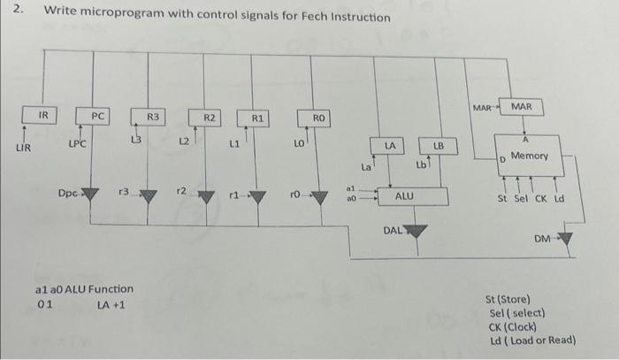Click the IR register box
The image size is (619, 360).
tap(43, 115)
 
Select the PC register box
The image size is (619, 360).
tap(97, 116)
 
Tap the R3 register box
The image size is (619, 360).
tap(152, 116)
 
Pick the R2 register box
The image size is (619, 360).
tap(209, 117)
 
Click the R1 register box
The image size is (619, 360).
tap(257, 117)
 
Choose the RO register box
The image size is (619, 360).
tap(319, 118)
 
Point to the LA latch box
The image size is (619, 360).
tap(390, 143)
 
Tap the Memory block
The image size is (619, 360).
tap(529, 157)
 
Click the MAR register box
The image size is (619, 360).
tap(522, 107)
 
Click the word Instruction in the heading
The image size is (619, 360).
tap(353, 17)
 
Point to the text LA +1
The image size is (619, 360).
tap(111, 305)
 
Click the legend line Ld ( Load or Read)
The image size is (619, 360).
tap(531, 340)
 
